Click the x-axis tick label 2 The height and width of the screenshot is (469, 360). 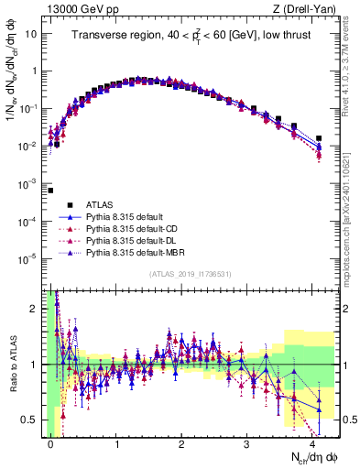(182, 443)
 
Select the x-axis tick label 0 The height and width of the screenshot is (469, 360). (51, 443)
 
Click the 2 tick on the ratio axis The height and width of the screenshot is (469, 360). (37, 308)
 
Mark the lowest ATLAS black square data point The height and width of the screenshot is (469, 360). (50, 191)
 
